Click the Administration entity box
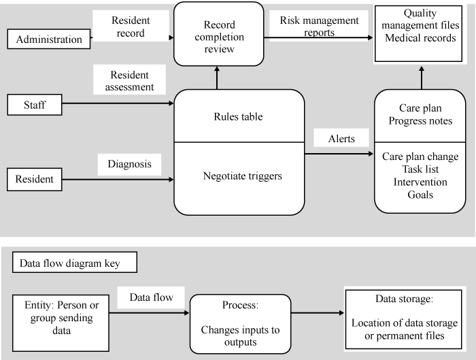pos(48,39)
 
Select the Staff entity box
pos(34,105)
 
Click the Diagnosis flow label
pos(129,164)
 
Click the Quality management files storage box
pos(420,31)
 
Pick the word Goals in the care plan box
pos(420,194)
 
